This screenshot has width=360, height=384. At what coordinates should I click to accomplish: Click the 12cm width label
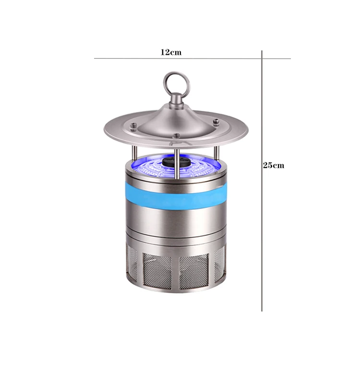coord(171,52)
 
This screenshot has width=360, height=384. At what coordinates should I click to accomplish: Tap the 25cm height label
coord(273,165)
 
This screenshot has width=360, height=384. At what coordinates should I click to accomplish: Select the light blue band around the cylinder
coord(176,197)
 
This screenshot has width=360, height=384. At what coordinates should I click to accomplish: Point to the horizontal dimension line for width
coord(192,59)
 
